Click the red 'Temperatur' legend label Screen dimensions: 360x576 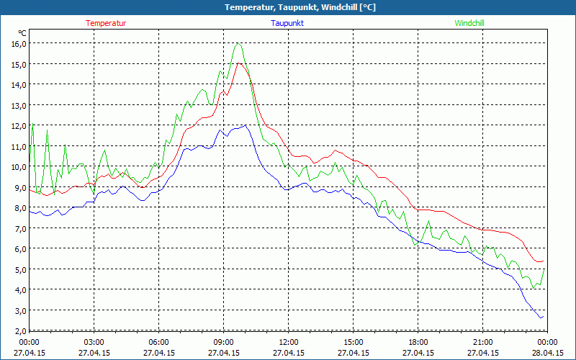(x=106, y=23)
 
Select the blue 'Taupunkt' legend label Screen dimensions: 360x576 (x=287, y=23)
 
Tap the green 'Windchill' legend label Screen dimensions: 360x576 (x=469, y=23)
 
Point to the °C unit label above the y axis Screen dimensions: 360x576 (x=22, y=32)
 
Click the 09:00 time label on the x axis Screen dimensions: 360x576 (x=223, y=342)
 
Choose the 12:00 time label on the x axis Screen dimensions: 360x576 (x=288, y=342)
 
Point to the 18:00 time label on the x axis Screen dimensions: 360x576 (x=418, y=342)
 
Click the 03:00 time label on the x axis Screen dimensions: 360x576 (x=94, y=342)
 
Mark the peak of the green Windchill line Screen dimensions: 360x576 (x=237, y=43)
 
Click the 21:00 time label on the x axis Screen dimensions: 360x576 (x=482, y=342)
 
